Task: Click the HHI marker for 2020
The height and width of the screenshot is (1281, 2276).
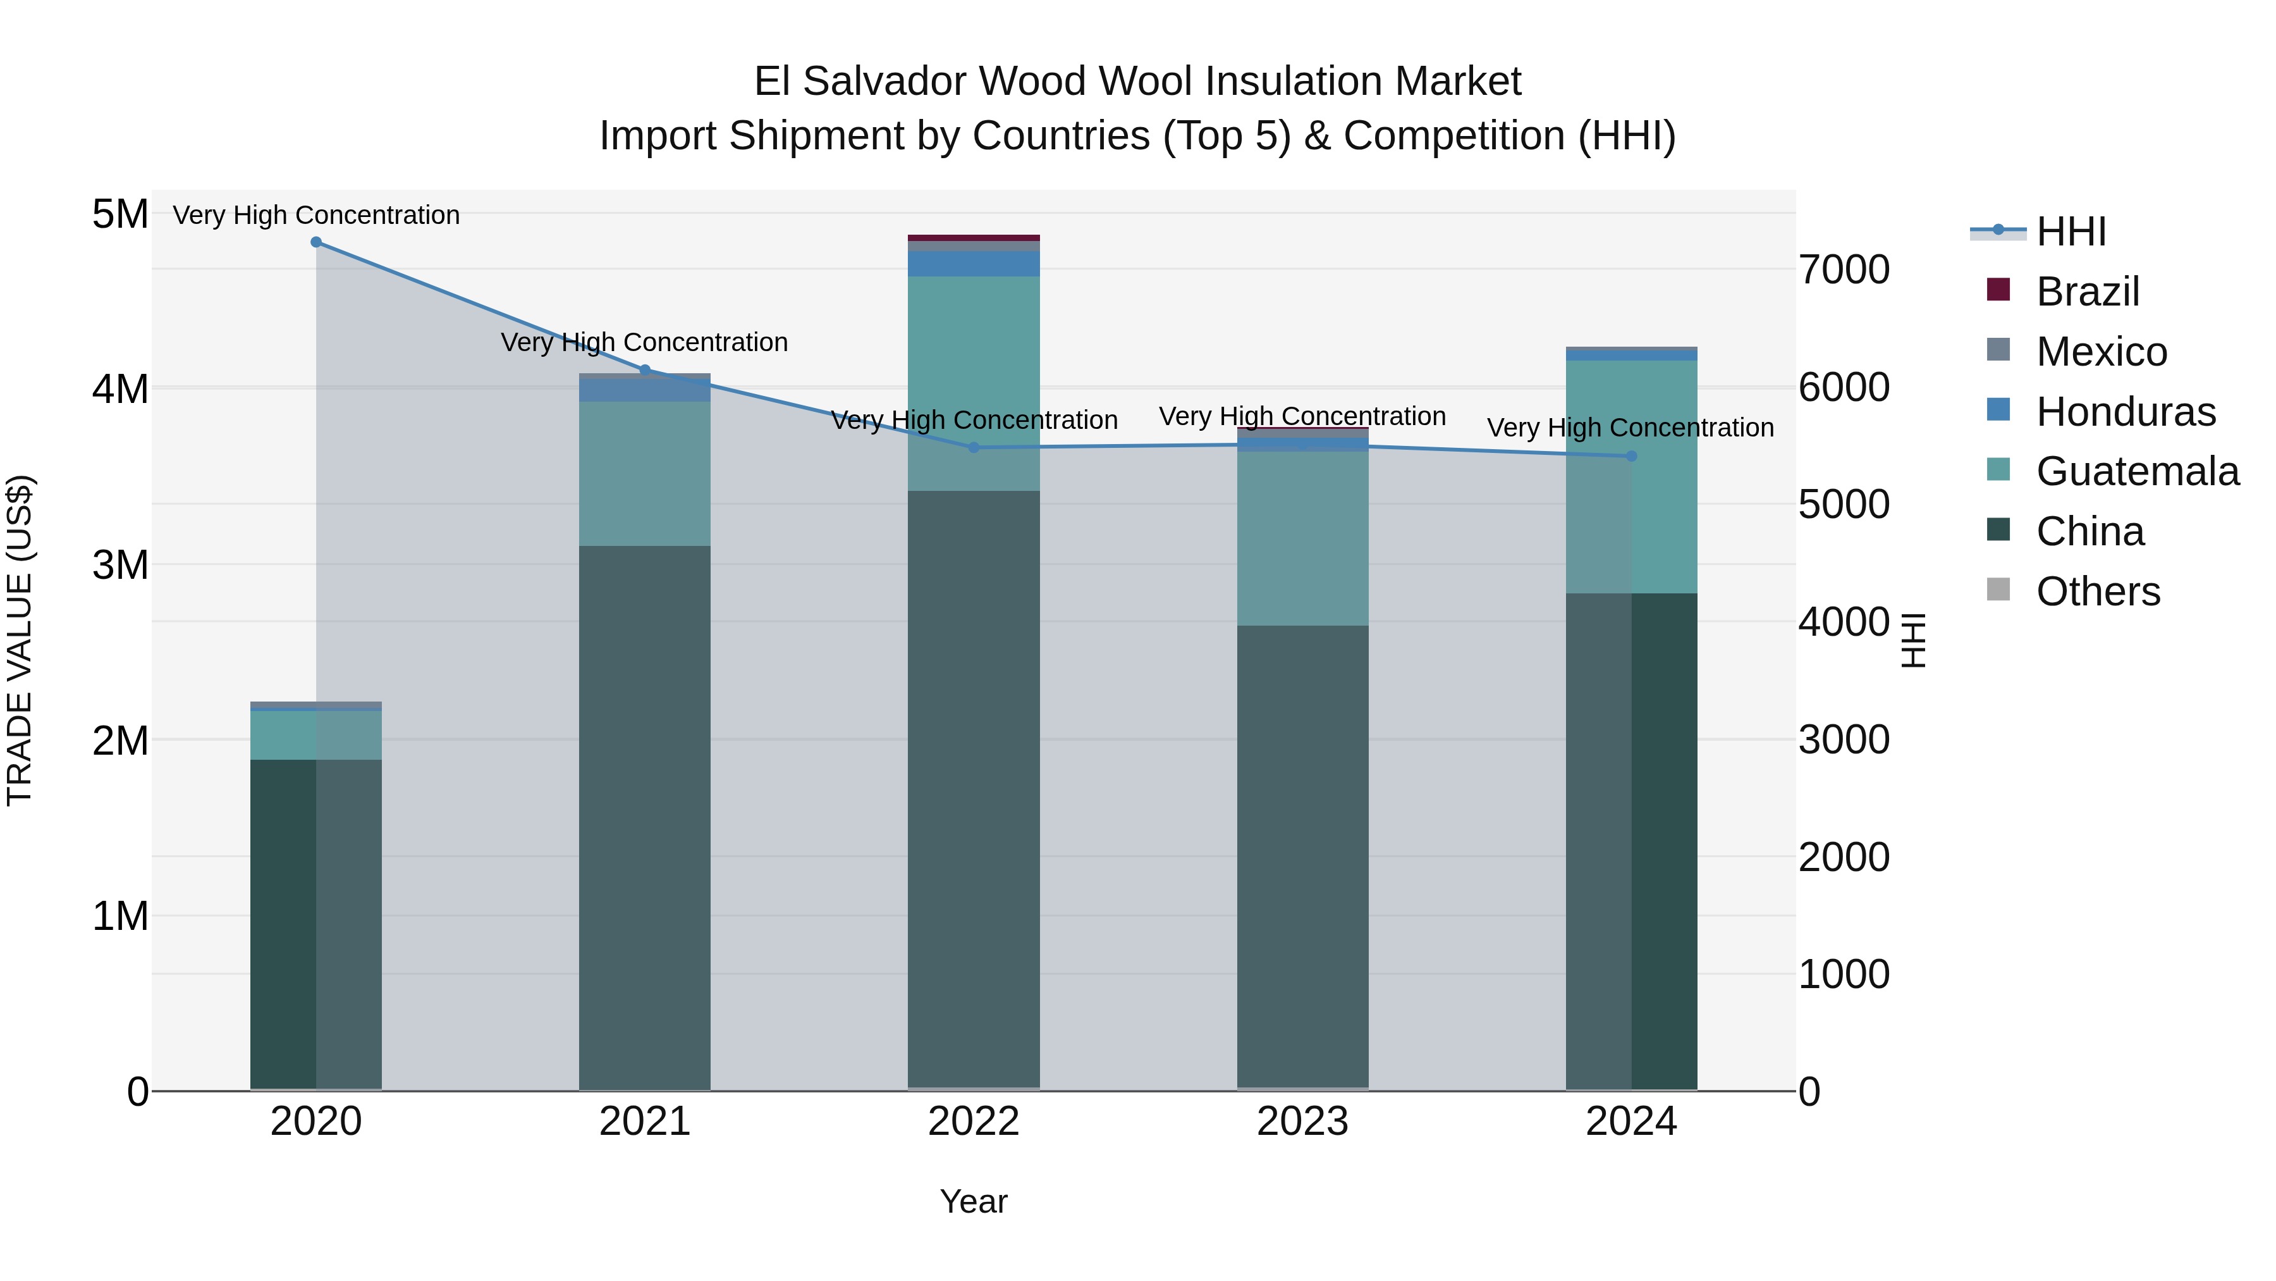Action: coord(316,242)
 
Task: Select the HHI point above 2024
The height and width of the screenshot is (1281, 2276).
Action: coord(1631,456)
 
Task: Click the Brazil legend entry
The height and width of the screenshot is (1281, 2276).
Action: coord(2087,292)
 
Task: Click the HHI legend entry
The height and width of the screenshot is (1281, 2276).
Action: coord(2070,232)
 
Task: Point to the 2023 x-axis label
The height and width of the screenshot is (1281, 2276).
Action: coord(1302,1122)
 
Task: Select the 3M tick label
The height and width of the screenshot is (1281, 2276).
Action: coord(120,565)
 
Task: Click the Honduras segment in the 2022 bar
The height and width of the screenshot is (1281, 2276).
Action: coord(974,263)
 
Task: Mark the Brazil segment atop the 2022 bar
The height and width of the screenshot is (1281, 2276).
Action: coord(974,238)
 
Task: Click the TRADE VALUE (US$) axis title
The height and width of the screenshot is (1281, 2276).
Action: coord(20,640)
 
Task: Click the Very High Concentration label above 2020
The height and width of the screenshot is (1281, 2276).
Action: coord(316,216)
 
